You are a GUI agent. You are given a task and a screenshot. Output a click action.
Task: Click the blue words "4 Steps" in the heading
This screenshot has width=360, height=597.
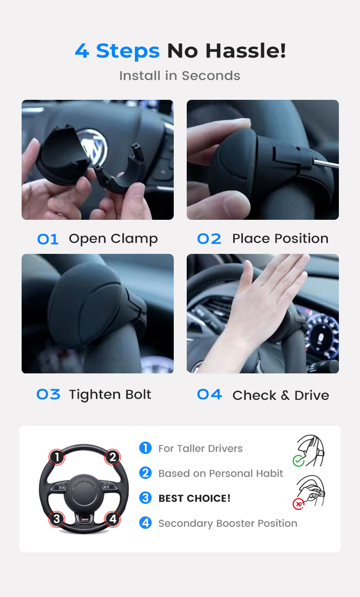pos(117,51)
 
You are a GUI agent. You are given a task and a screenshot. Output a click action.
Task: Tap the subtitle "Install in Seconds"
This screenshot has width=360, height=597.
pos(180,76)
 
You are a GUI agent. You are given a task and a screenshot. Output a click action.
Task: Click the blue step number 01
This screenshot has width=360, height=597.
pos(48,239)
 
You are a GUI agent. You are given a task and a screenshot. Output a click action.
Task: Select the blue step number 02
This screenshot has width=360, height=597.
pos(209,239)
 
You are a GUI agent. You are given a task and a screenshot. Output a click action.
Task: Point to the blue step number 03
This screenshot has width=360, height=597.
pos(48,394)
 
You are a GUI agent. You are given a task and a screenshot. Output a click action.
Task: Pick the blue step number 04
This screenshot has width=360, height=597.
pos(210,394)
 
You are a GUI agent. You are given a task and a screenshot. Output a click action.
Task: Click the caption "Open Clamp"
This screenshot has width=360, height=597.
pos(113,239)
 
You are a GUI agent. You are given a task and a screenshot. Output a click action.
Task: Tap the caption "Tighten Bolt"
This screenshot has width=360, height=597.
pos(110,394)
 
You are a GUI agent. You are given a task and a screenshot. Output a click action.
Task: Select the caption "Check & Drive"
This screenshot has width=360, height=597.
pos(281,395)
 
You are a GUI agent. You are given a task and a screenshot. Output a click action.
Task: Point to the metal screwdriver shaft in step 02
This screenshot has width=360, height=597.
pos(326,163)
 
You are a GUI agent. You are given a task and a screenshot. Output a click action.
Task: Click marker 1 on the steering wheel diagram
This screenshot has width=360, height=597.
pos(57,457)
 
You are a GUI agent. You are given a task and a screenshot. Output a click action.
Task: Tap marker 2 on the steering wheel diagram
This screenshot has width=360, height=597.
pos(112,457)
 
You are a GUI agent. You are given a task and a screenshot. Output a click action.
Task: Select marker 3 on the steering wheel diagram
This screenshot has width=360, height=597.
pos(57,519)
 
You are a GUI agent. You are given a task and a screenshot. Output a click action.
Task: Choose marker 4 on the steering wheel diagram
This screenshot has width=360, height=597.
pos(112,519)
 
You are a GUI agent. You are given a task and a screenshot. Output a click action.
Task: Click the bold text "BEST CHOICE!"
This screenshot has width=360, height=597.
pos(194,499)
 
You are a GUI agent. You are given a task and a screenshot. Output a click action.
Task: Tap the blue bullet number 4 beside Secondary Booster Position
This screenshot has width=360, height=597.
pos(145,523)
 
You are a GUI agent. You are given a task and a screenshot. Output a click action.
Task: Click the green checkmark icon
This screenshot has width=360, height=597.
pos(299,461)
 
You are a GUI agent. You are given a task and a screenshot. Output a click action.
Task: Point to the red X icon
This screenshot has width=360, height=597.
pos(299,504)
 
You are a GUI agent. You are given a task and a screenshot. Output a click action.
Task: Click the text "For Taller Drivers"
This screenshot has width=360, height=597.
pos(201,449)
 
